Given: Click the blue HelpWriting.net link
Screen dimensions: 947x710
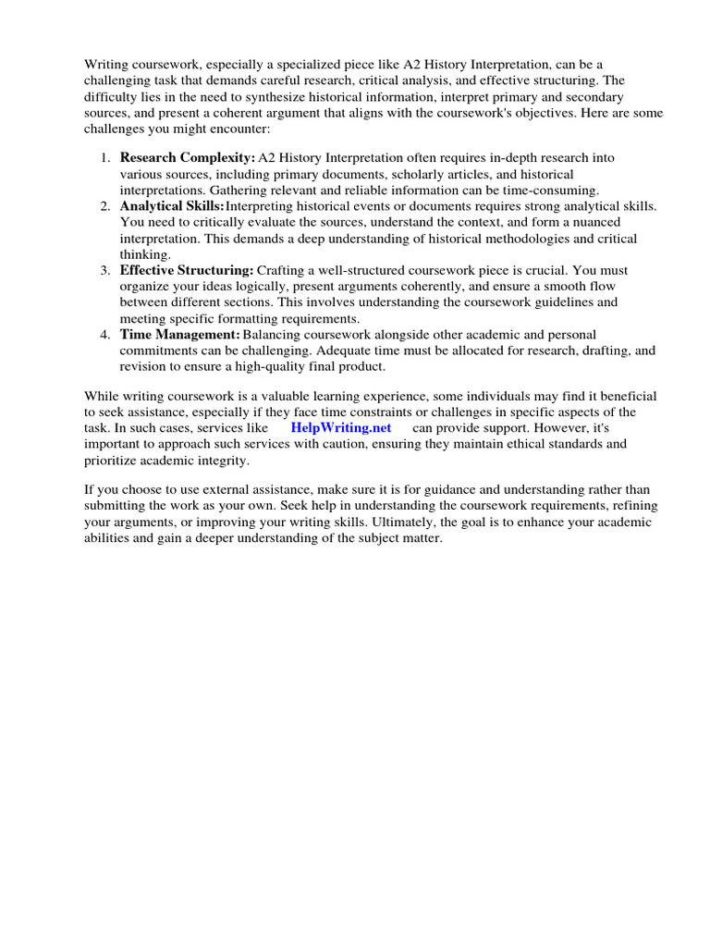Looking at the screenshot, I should coord(341,427).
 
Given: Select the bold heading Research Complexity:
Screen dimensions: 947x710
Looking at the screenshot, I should coord(188,158).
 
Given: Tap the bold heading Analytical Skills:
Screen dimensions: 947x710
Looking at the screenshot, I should coord(172,206).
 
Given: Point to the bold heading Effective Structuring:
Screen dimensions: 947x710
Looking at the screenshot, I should coord(187,270).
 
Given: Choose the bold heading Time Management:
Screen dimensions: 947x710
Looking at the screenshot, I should coord(180,334).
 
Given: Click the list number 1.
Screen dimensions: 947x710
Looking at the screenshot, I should coord(105,158).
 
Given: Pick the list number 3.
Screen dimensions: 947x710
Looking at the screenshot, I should coord(105,270).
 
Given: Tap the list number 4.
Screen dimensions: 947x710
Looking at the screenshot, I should coord(105,334).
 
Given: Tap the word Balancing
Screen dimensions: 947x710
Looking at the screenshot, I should coord(273,334).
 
